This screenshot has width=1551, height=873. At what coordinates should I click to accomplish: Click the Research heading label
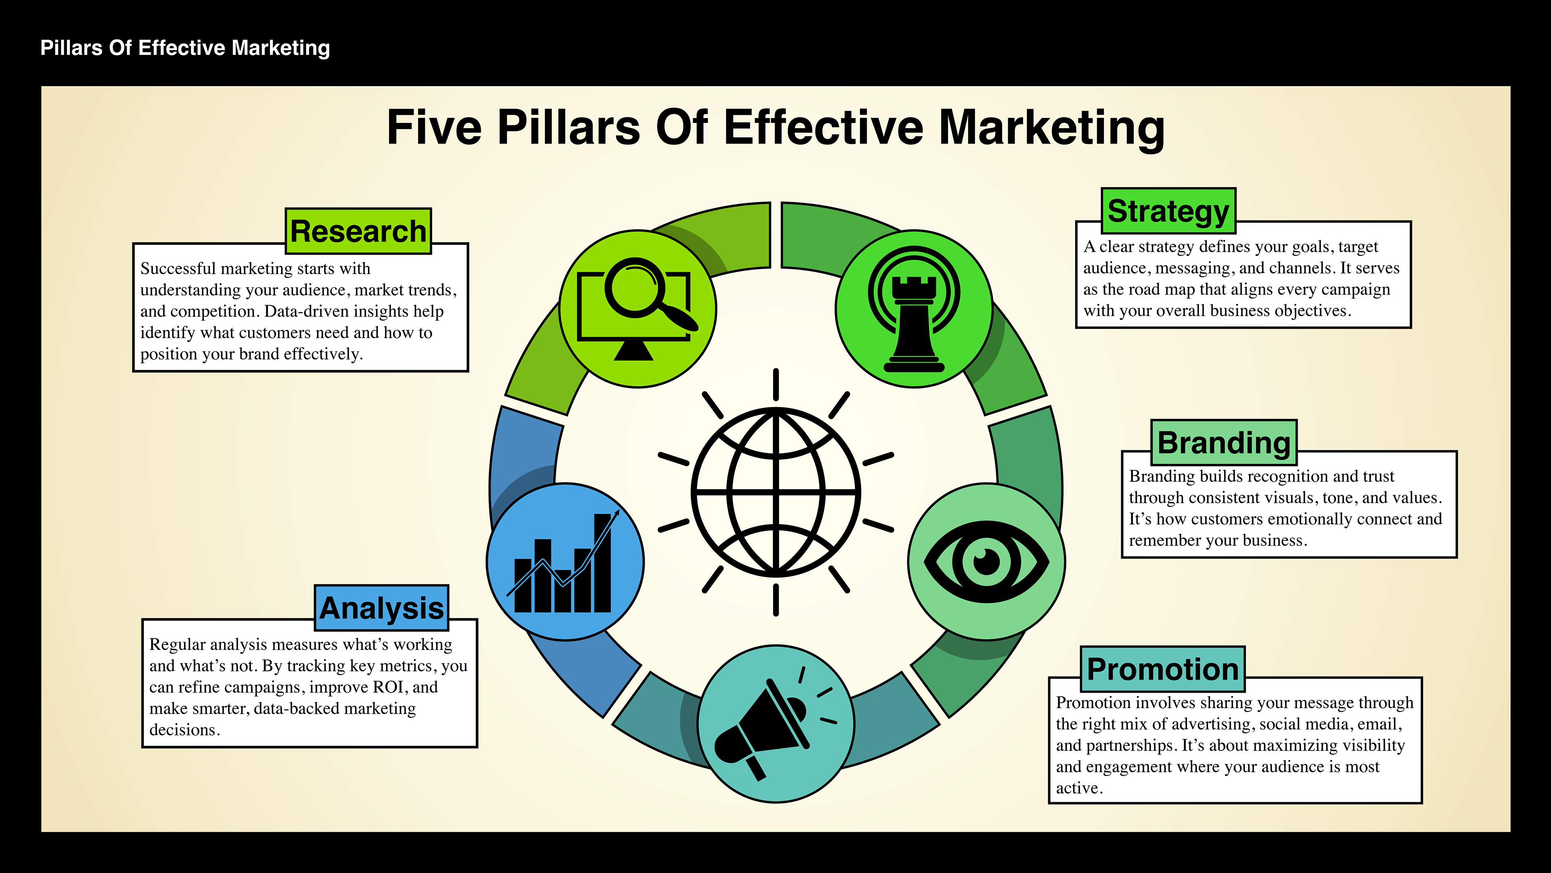[358, 231]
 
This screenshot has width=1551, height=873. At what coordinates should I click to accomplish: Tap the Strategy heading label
[1168, 211]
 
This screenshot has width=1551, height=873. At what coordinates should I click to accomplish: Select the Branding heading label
[1224, 443]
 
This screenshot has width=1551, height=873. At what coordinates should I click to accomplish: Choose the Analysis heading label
[382, 608]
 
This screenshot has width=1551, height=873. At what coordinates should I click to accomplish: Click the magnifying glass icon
[644, 292]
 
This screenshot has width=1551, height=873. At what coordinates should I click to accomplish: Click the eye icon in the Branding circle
[986, 561]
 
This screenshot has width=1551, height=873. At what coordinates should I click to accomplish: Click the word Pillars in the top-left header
[71, 48]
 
